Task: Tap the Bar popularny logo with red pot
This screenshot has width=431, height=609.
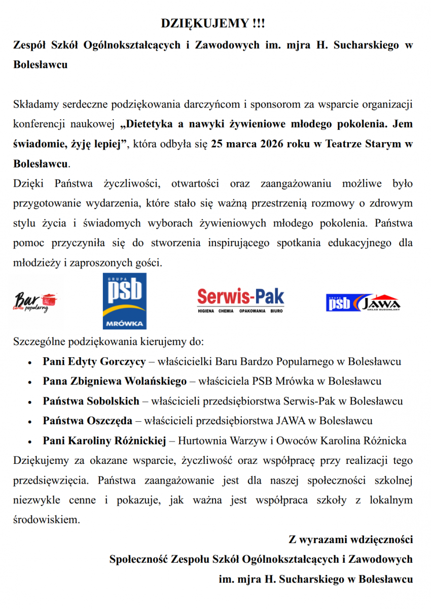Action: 35,301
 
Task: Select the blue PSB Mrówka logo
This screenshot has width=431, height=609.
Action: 124,301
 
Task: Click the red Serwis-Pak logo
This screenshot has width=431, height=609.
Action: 240,300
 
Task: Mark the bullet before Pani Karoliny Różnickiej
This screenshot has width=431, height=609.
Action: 31,442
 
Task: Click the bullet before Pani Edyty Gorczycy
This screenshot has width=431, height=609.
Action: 31,363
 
